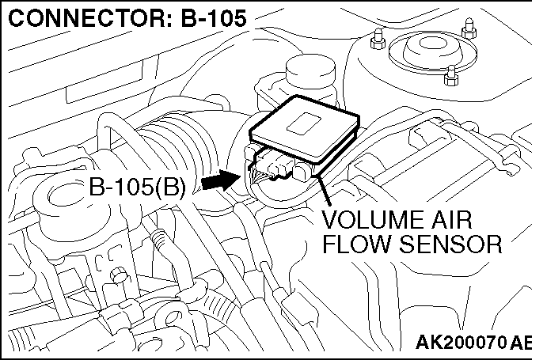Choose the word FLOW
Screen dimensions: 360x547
355,244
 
